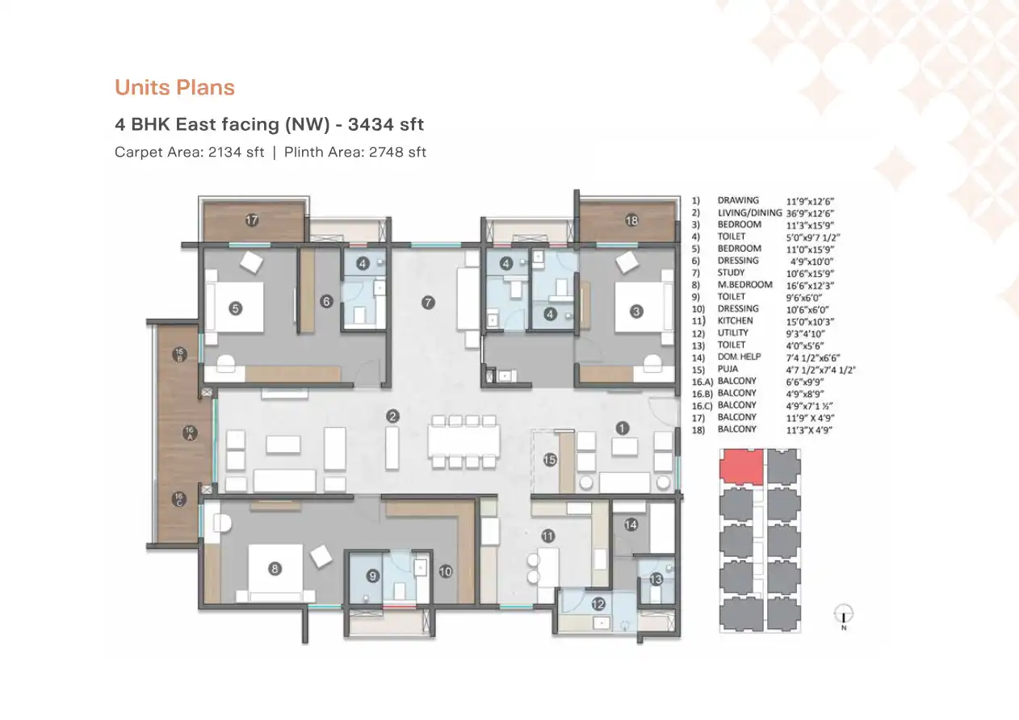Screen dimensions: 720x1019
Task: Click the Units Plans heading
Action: coord(174,87)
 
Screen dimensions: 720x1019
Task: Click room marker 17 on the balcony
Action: coord(252,220)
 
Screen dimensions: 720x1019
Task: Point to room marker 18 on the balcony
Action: coord(631,220)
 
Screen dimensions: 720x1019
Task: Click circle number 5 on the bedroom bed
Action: coord(235,308)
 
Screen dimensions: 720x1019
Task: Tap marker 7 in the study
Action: coord(429,303)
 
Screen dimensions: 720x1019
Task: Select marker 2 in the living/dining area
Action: coord(392,417)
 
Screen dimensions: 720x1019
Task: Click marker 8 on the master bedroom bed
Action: coord(275,569)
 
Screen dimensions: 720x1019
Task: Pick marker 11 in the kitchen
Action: coord(548,536)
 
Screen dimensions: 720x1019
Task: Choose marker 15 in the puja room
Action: coord(550,460)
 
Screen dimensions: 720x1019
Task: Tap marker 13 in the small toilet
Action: coord(656,579)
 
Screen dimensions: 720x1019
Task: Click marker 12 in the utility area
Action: coord(598,602)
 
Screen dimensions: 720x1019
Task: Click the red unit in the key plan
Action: coord(741,465)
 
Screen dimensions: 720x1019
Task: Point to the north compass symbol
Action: coord(843,614)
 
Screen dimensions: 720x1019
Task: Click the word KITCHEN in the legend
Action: coord(736,320)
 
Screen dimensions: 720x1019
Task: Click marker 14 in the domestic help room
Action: coord(631,525)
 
